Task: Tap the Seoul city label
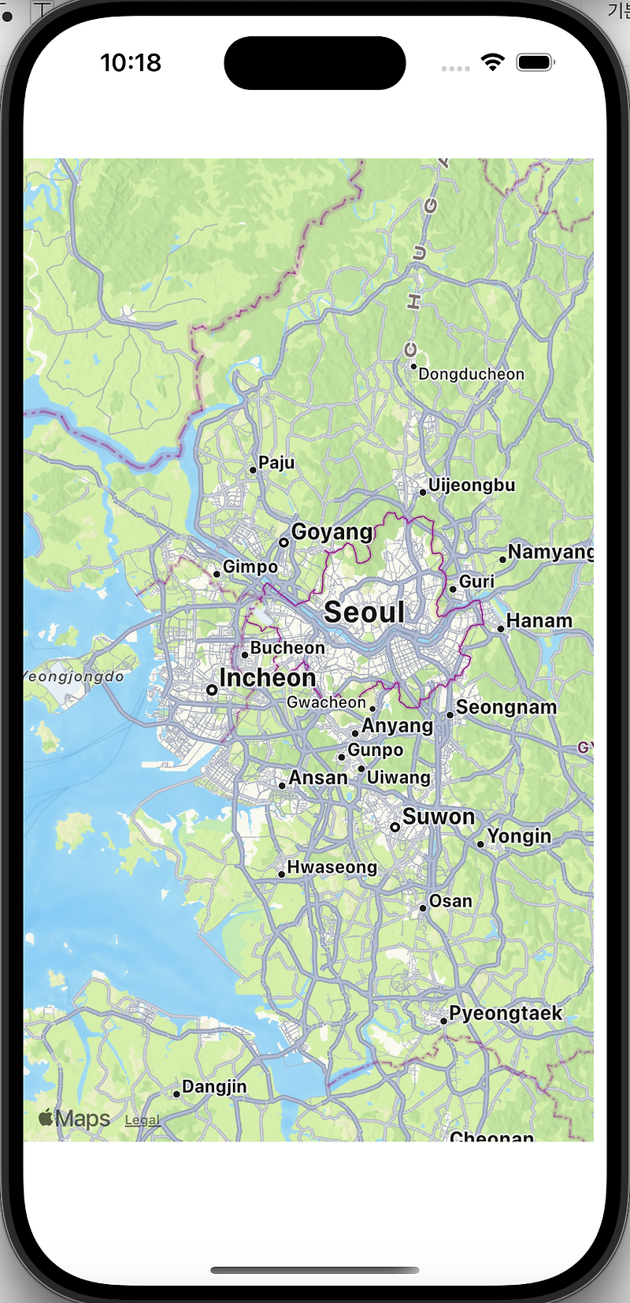[365, 612]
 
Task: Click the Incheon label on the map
[267, 678]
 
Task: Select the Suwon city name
[439, 817]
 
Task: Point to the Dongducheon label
[471, 374]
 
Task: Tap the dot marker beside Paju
[253, 470]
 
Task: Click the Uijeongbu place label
[472, 486]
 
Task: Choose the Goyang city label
[332, 532]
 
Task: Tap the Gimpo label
[250, 567]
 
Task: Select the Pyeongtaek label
[506, 1013]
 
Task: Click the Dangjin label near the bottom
[214, 1087]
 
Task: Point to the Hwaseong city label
[332, 867]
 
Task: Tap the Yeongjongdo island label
[74, 676]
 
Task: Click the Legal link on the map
[142, 1120]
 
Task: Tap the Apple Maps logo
[75, 1119]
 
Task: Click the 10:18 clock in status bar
[131, 63]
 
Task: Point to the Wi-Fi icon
[493, 63]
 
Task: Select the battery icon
[535, 63]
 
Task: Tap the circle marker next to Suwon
[395, 827]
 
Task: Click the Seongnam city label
[506, 708]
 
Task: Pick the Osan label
[450, 901]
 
